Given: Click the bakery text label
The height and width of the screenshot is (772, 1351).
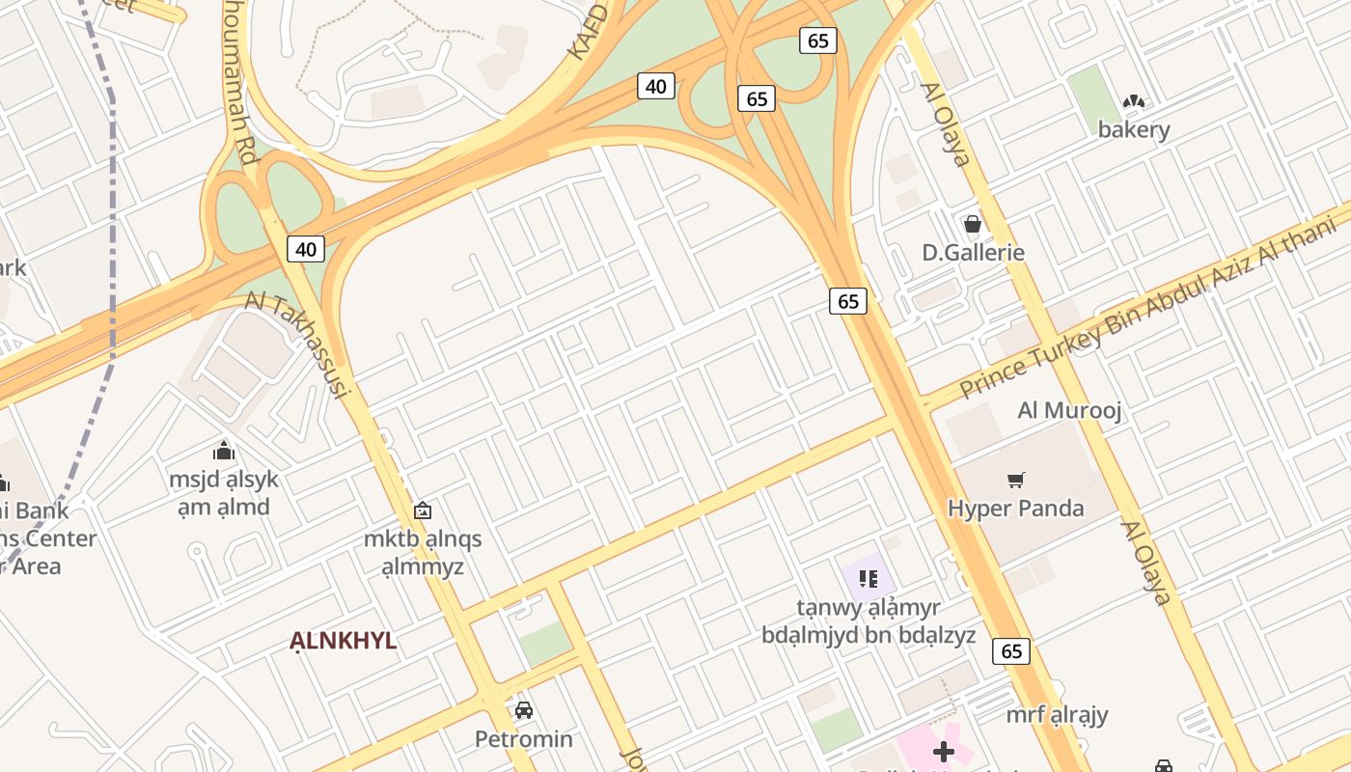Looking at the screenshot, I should (1134, 129).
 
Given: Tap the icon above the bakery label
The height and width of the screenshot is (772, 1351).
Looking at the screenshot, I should (1134, 101).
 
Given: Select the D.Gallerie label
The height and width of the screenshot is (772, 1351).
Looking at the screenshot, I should (973, 253).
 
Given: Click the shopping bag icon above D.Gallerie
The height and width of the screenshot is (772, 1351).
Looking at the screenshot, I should (973, 225).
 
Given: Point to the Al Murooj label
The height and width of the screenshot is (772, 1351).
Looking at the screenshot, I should (1069, 411).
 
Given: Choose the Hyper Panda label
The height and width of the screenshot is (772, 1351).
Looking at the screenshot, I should (1016, 508).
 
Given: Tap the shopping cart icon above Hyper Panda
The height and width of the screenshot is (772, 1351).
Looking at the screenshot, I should (1016, 480).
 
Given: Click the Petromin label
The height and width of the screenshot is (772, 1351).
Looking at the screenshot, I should (524, 739).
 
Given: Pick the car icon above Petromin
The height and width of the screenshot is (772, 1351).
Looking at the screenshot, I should (524, 711).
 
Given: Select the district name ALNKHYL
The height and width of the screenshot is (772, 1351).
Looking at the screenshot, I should (344, 641).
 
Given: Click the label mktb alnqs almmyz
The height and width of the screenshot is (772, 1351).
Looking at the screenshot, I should (423, 552).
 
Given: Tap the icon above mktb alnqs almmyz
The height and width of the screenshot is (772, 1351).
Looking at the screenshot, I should (423, 510).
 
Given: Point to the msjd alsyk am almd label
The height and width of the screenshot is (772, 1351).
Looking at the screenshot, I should (224, 493).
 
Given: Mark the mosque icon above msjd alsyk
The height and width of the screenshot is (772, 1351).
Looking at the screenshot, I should (224, 451).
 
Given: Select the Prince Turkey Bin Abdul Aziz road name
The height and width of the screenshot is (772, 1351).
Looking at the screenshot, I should (1148, 307).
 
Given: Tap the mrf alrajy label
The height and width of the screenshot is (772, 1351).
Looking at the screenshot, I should (1057, 715).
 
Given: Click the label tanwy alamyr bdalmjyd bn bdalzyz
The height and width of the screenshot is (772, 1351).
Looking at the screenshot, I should (868, 621).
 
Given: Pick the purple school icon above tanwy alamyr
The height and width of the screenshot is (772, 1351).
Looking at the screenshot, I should (868, 579).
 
